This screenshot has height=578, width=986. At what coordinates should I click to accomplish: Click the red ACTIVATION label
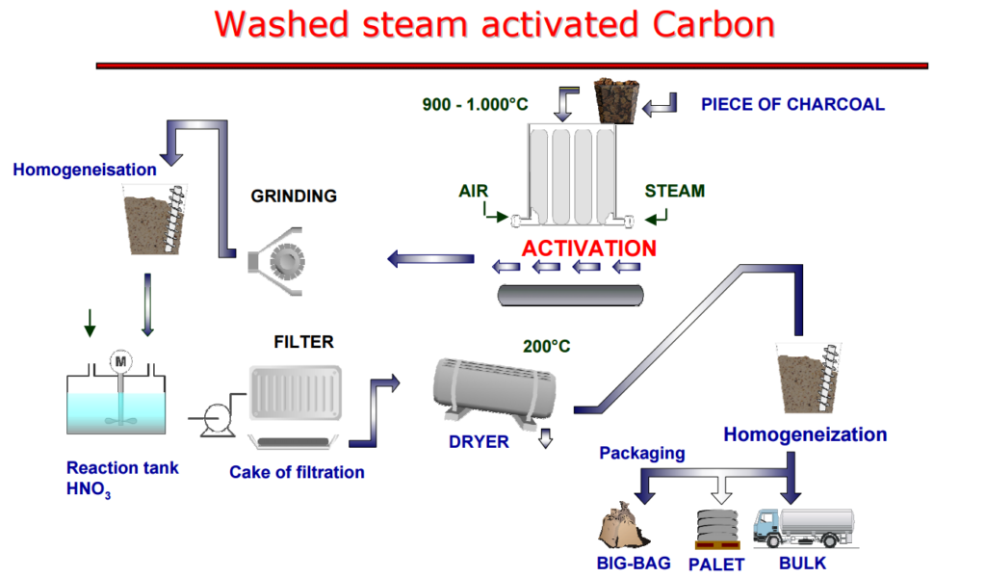pyautogui.click(x=589, y=248)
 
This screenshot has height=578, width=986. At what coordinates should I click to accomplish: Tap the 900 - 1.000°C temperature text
pyautogui.click(x=476, y=104)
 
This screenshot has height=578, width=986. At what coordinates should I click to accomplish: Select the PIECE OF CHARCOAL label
pyautogui.click(x=792, y=104)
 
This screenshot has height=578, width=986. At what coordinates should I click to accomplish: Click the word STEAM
pyautogui.click(x=674, y=191)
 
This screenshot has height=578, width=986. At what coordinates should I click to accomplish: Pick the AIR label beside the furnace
pyautogui.click(x=474, y=191)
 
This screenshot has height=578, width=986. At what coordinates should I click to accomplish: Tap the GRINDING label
pyautogui.click(x=294, y=197)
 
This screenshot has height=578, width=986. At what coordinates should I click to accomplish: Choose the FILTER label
pyautogui.click(x=303, y=342)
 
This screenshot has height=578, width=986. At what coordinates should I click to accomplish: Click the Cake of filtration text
pyautogui.click(x=297, y=472)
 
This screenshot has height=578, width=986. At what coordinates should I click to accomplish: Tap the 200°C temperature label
pyautogui.click(x=547, y=346)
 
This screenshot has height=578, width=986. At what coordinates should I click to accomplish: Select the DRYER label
pyautogui.click(x=479, y=442)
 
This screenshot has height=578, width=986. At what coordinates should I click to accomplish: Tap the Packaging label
pyautogui.click(x=642, y=452)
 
